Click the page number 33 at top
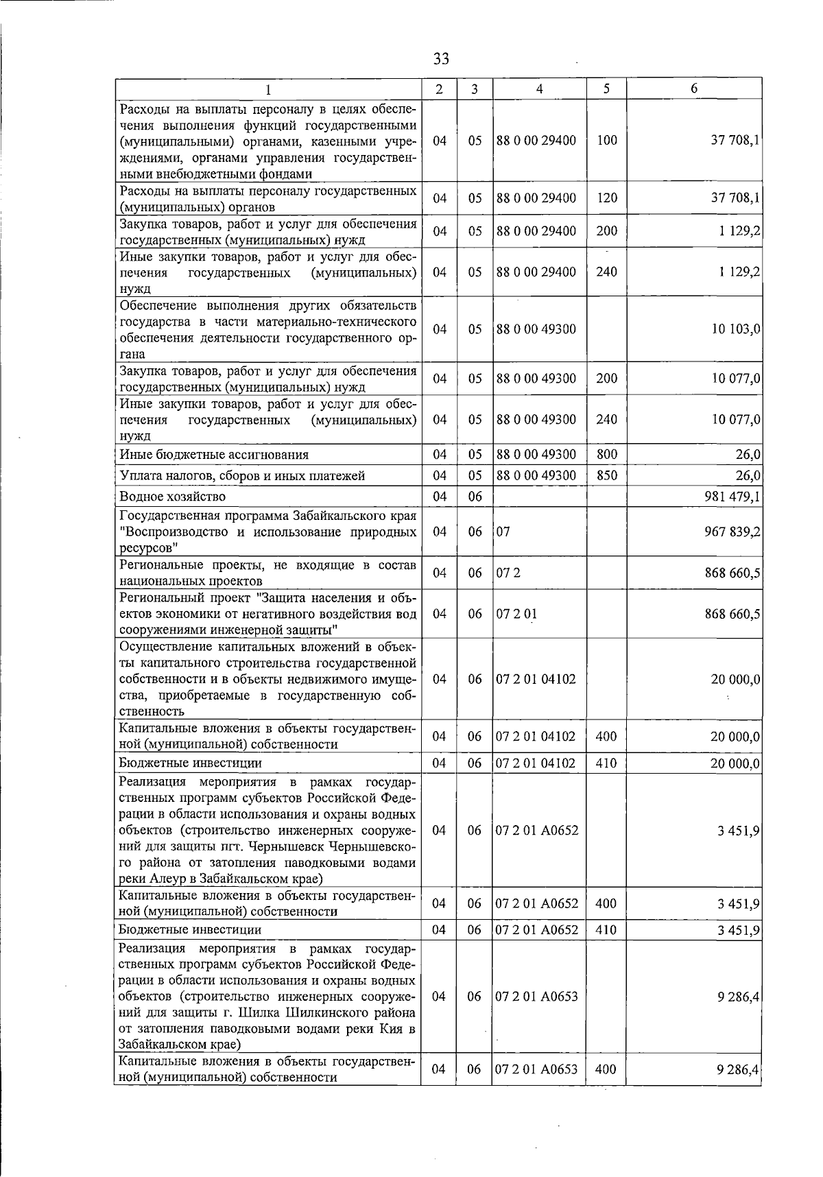click(x=441, y=59)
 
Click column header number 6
click(x=694, y=88)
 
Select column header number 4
click(x=539, y=88)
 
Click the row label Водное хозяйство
click(x=172, y=497)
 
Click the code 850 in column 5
click(x=606, y=475)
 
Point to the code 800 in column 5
click(x=606, y=454)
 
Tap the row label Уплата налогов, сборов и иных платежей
click(x=242, y=475)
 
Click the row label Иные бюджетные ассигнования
click(x=214, y=455)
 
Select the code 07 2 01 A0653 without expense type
click(x=536, y=997)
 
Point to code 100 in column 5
click(x=606, y=141)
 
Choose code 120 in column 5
click(x=606, y=198)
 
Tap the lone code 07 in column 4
click(x=503, y=532)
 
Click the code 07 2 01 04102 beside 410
click(x=536, y=763)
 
